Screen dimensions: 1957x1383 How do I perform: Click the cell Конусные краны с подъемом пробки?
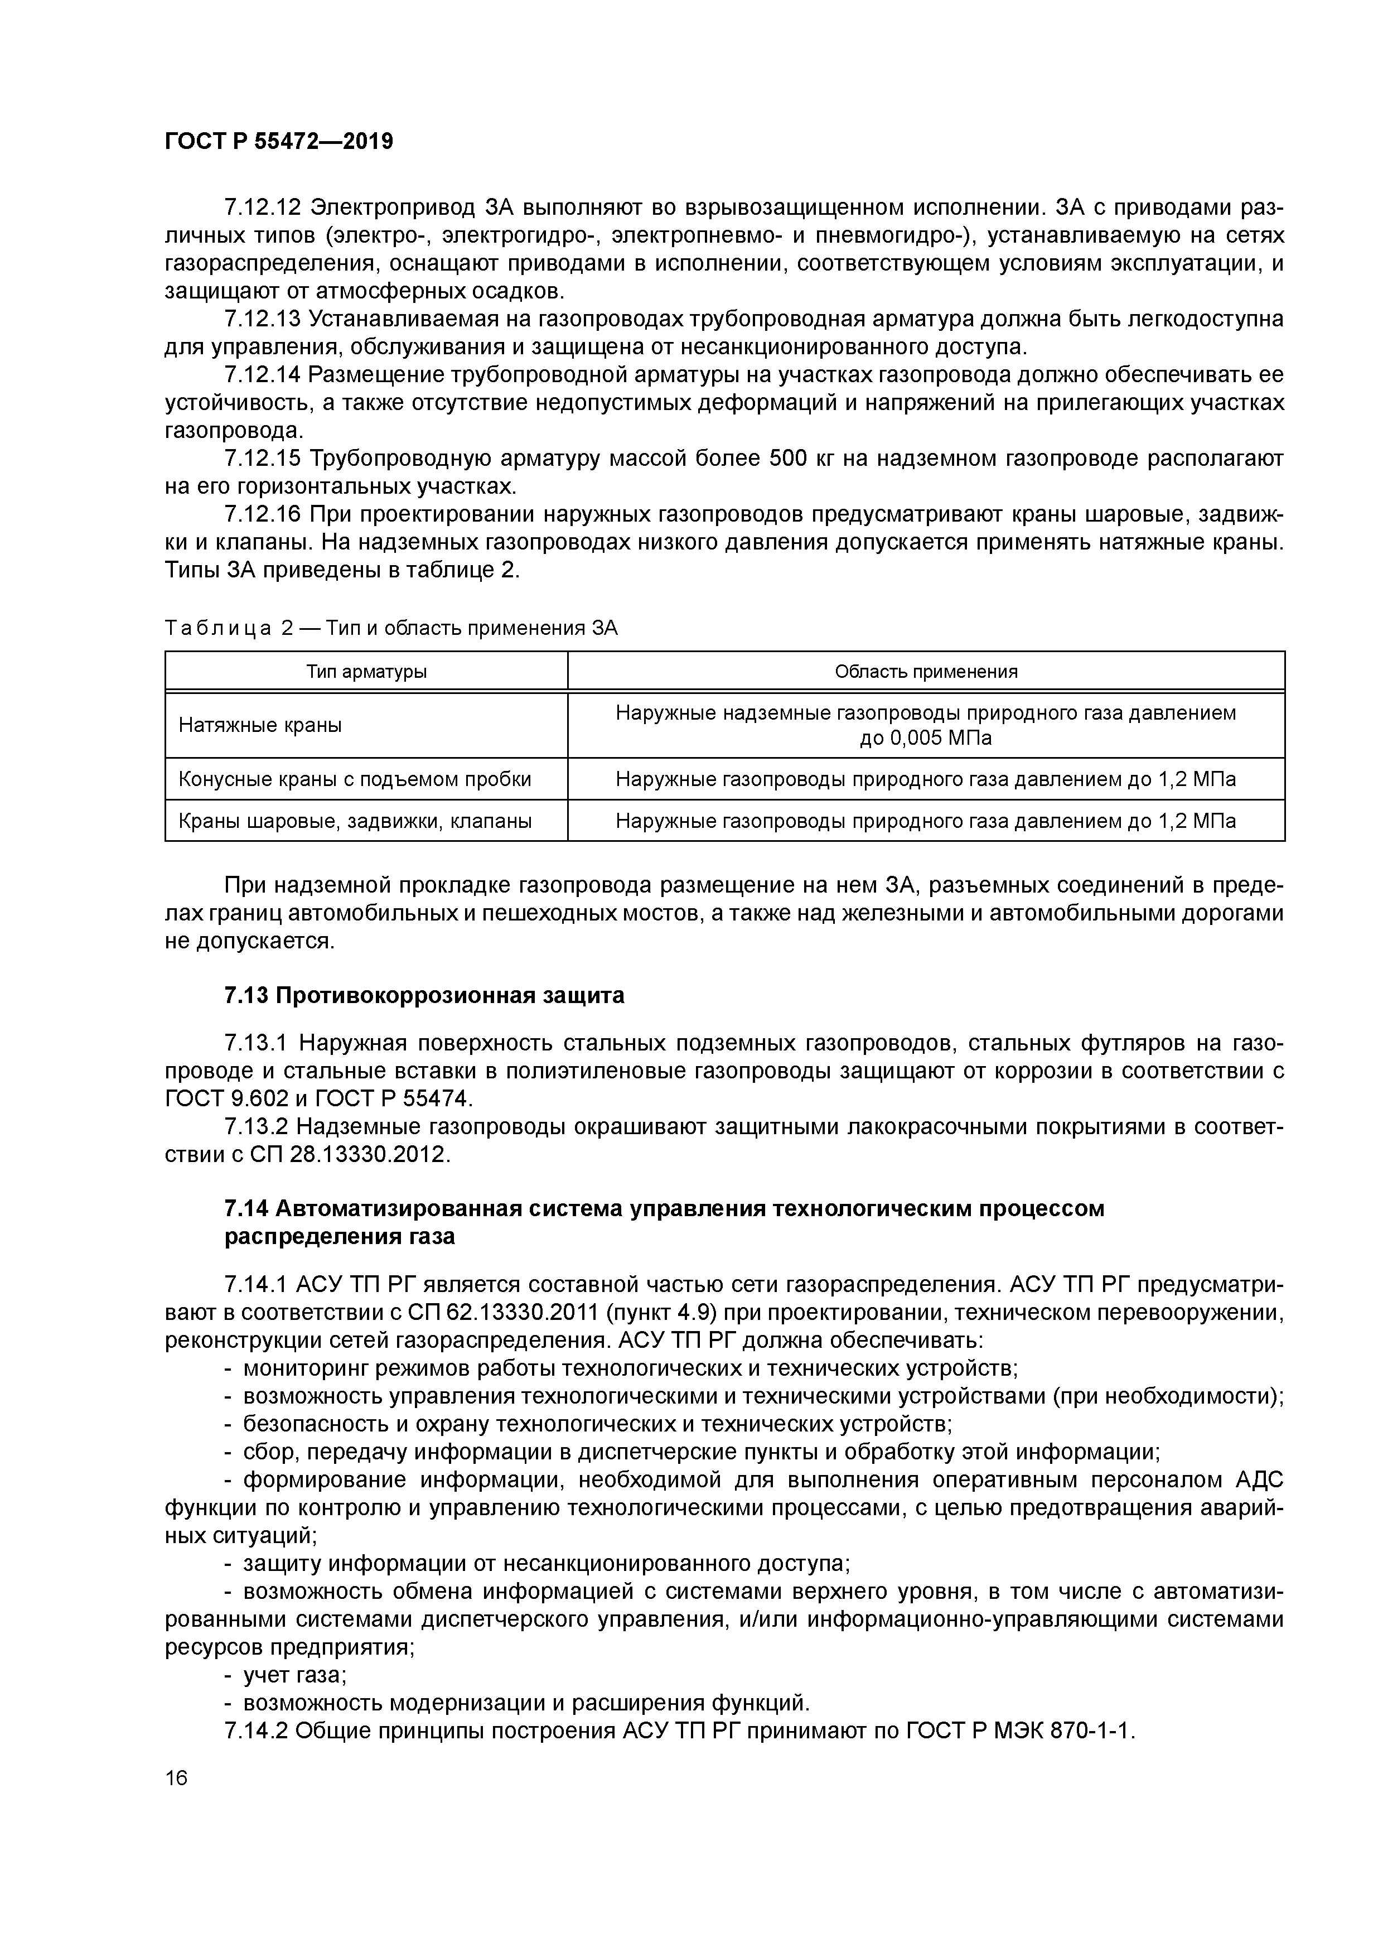pos(355,779)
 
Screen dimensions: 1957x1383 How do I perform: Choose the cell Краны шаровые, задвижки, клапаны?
pos(355,821)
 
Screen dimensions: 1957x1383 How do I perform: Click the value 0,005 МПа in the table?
pos(925,738)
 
